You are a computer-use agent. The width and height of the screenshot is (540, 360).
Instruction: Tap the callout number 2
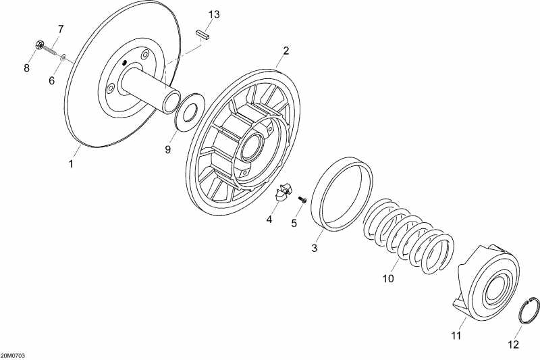coord(286,51)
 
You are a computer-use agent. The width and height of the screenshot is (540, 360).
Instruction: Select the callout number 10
coord(387,278)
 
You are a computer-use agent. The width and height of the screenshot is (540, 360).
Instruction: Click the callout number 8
coord(27,68)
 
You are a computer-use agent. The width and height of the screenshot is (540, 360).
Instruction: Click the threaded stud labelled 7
coord(52,51)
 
